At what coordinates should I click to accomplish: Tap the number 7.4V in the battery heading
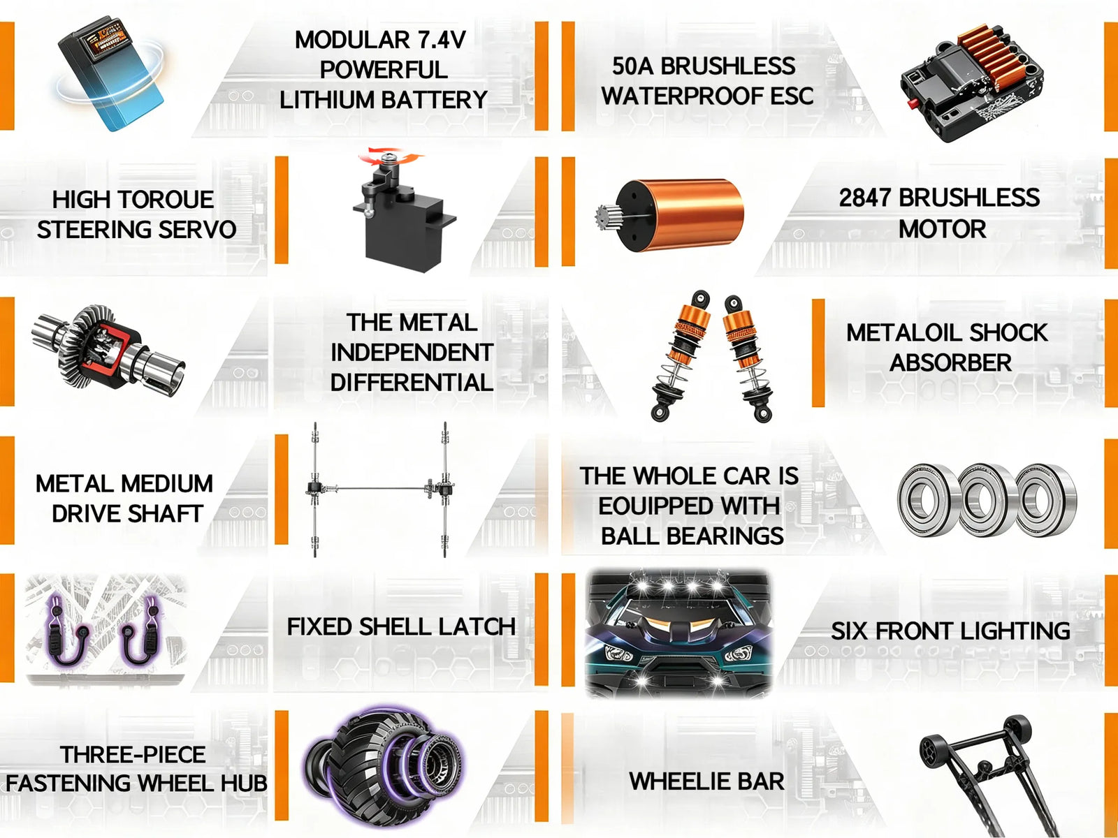click(x=438, y=40)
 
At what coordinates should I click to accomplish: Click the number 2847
click(x=865, y=198)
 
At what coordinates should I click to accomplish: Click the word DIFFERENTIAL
click(x=412, y=382)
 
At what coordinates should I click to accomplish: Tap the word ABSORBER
click(x=950, y=362)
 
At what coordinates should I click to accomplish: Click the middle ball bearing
click(x=987, y=499)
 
